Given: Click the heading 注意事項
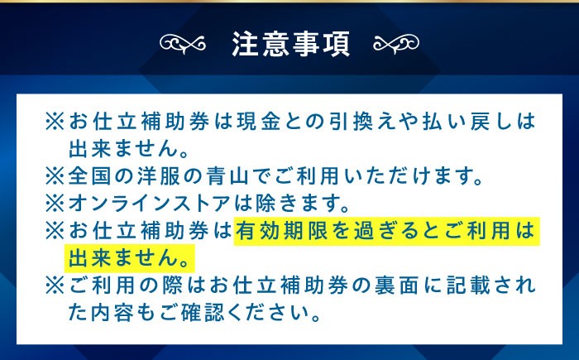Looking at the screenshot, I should pyautogui.click(x=289, y=43).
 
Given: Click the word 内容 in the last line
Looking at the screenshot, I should pyautogui.click(x=111, y=313).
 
